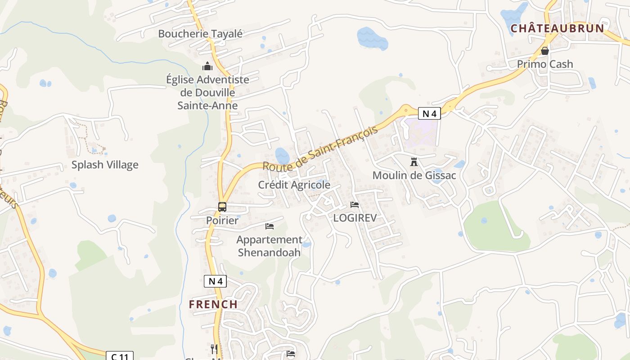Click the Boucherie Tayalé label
pyautogui.click(x=200, y=34)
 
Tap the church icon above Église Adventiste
pyautogui.click(x=207, y=67)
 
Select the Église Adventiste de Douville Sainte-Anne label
pyautogui.click(x=207, y=92)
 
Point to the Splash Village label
pyautogui.click(x=105, y=165)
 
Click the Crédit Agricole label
pyautogui.click(x=294, y=185)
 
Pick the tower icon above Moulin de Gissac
pyautogui.click(x=414, y=162)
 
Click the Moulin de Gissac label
pyautogui.click(x=414, y=175)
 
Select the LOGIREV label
pyautogui.click(x=355, y=218)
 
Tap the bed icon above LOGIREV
pyautogui.click(x=355, y=205)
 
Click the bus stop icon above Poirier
pyautogui.click(x=222, y=207)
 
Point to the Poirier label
pyautogui.click(x=222, y=220)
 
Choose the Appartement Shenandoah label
pyautogui.click(x=269, y=246)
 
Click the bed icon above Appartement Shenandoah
pyautogui.click(x=270, y=226)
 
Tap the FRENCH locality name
pyautogui.click(x=213, y=304)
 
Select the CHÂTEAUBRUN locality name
pyautogui.click(x=557, y=29)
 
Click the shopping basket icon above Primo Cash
pyautogui.click(x=545, y=51)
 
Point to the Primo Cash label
pyautogui.click(x=545, y=64)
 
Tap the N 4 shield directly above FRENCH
pyautogui.click(x=215, y=281)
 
